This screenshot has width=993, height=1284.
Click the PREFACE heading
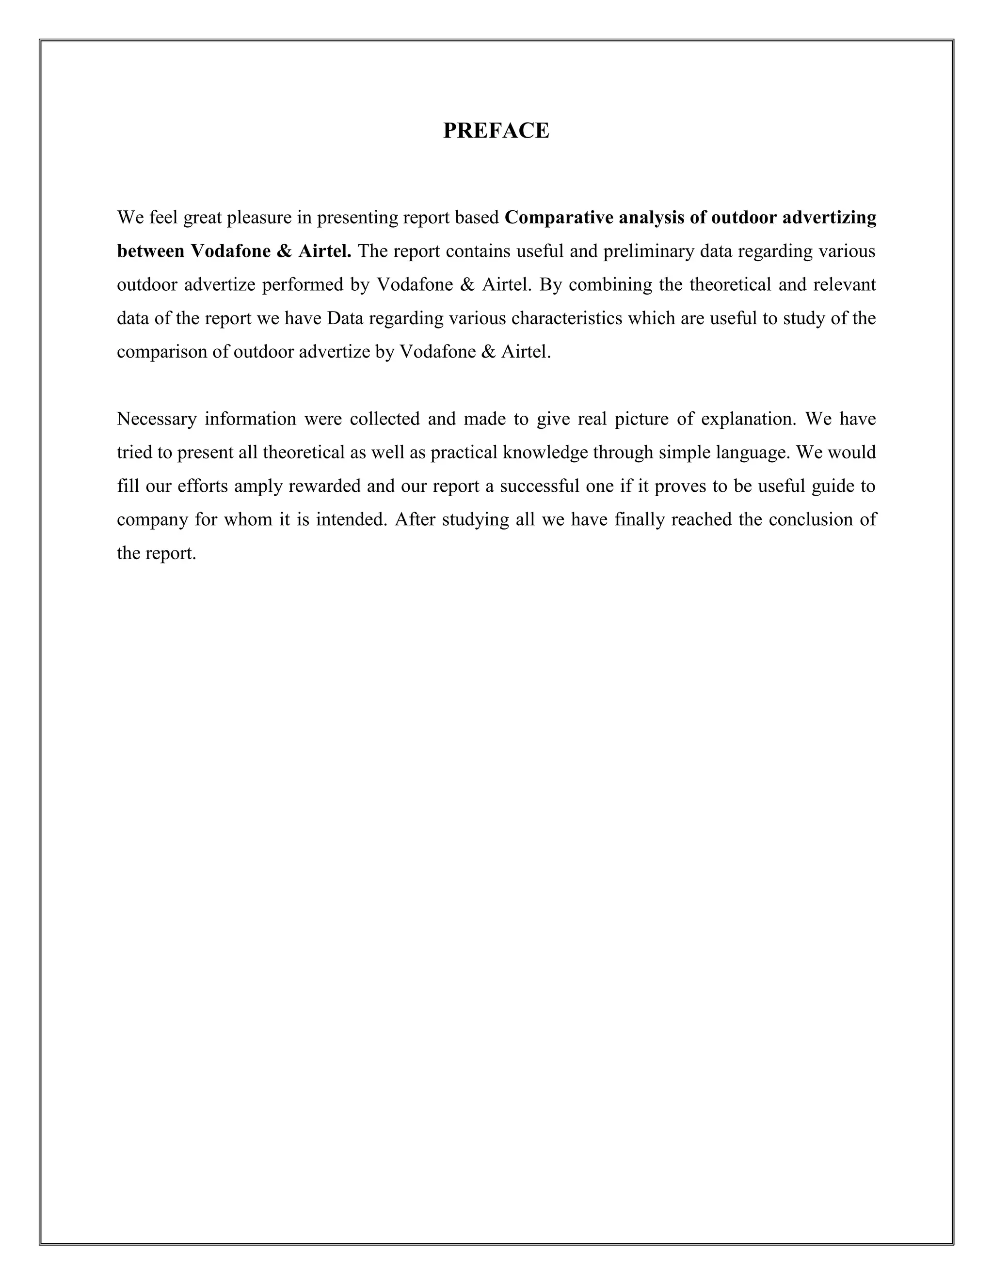pyautogui.click(x=496, y=130)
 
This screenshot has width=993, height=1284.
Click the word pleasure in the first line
pyautogui.click(x=259, y=218)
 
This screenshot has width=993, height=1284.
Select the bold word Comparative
pyautogui.click(x=560, y=218)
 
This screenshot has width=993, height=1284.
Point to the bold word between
pyautogui.click(x=151, y=251)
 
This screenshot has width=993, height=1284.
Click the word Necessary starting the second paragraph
pyautogui.click(x=157, y=419)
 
